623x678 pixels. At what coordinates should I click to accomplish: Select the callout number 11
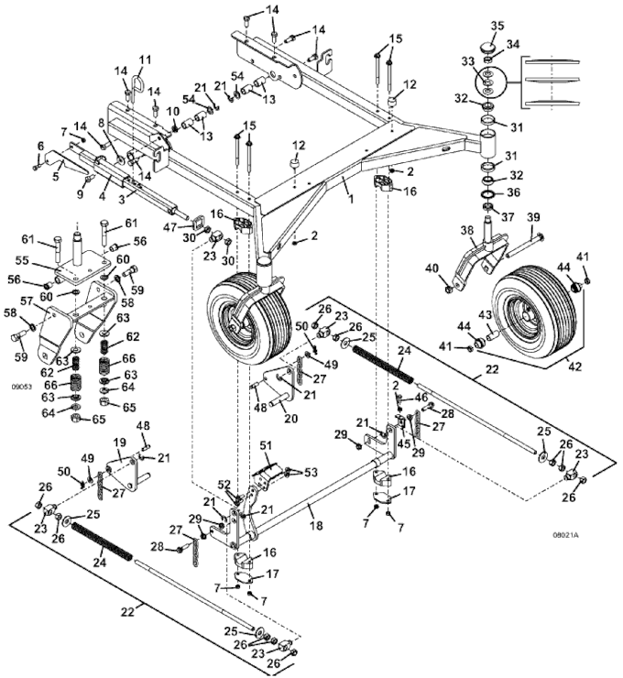[x=144, y=60]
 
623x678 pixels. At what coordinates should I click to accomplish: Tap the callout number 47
[x=170, y=225]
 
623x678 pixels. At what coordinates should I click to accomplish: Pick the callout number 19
[x=118, y=443]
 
